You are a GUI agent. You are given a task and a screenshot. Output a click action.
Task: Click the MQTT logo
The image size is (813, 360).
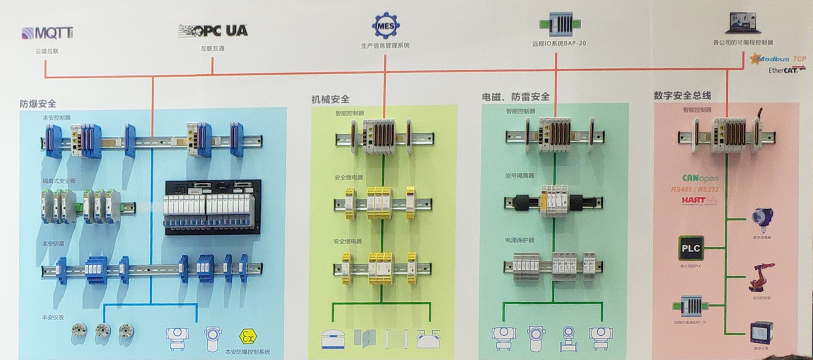[x=48, y=33]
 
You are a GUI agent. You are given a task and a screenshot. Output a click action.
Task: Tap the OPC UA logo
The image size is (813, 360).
[x=213, y=31]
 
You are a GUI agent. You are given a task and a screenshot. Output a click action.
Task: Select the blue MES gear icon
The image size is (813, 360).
[x=385, y=26]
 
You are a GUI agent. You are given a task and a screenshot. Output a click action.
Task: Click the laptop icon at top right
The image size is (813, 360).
[x=742, y=23]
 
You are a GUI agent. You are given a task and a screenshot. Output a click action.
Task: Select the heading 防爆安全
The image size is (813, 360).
[x=38, y=104]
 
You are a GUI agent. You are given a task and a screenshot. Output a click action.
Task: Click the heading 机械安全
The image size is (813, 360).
[x=330, y=99]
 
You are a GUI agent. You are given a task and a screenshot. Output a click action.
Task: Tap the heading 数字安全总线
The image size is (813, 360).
[x=682, y=95]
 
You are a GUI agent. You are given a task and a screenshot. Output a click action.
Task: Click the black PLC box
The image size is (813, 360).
[x=691, y=248]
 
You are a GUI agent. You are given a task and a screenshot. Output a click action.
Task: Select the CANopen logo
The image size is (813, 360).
[x=700, y=178]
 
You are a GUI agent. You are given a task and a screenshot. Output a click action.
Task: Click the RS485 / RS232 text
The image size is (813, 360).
[x=694, y=189]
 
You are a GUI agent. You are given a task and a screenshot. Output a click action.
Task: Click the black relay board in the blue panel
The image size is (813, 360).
[x=213, y=207]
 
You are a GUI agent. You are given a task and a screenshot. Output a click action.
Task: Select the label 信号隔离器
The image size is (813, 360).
[x=519, y=175]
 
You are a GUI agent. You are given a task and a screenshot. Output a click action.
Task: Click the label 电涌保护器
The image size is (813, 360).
[x=519, y=240]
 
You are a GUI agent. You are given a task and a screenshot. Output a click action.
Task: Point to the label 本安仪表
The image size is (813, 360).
[x=53, y=317]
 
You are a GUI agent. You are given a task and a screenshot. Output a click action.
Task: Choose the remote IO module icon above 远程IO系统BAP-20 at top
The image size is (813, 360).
[x=559, y=24]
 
